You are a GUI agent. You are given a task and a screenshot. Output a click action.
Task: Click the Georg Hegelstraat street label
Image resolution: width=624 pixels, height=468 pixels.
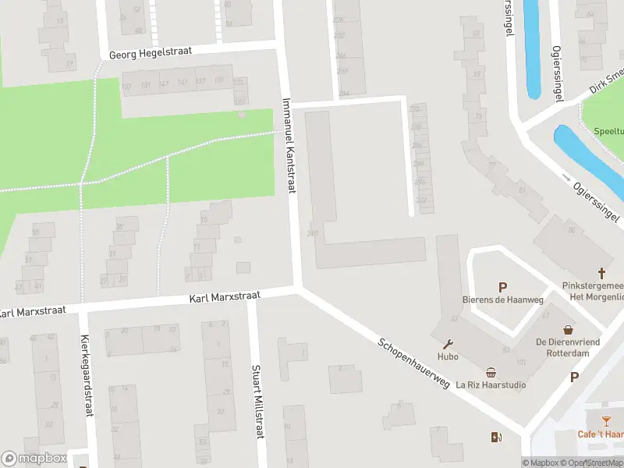tap(151, 53)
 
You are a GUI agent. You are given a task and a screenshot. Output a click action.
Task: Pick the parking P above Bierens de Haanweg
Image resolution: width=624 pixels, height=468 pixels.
tap(502, 288)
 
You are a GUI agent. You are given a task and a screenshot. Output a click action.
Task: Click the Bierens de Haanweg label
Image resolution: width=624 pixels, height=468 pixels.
tap(502, 301)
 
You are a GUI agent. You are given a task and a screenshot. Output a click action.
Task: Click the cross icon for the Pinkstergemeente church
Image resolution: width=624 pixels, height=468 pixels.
tap(601, 273)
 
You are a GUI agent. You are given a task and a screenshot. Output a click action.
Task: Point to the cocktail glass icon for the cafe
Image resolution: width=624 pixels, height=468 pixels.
tap(605, 422)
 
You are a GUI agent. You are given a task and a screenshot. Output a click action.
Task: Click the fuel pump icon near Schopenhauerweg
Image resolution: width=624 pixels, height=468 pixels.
tap(495, 437)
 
